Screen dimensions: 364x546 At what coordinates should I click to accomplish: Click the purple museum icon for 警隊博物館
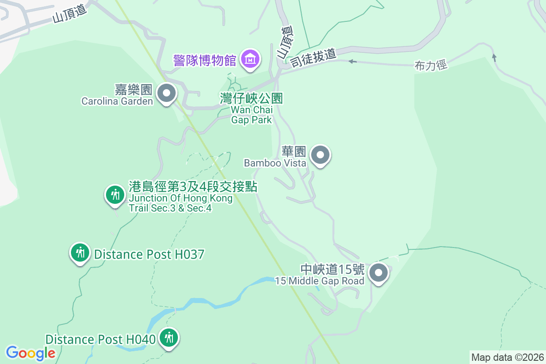coord(250,59)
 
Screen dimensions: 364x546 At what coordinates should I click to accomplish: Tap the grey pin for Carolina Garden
coord(167,93)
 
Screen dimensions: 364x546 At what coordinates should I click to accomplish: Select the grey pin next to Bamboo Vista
coord(321,156)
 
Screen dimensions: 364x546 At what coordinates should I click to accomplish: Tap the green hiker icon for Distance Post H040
coord(170,338)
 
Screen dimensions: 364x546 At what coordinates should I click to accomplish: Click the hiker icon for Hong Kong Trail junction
coord(115,195)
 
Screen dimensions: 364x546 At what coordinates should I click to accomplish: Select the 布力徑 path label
coord(431,66)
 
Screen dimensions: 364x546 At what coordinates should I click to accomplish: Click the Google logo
coord(30,353)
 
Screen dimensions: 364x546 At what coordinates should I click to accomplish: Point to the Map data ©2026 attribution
coord(507,357)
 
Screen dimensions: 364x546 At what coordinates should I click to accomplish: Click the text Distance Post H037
coord(149,254)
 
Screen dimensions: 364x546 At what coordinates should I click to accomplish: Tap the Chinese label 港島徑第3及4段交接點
coord(193,187)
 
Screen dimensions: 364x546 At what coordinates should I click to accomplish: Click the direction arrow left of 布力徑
coord(351,61)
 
